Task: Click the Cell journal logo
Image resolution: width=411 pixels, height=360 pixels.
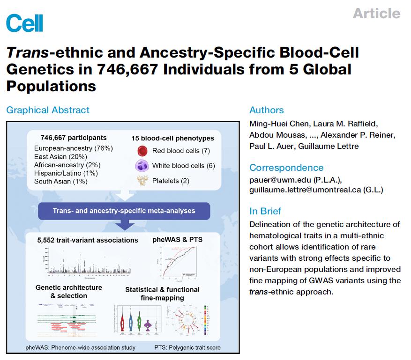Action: click(24, 22)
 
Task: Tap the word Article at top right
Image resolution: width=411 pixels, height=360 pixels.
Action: click(376, 13)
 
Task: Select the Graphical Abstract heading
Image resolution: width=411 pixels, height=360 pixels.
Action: click(47, 110)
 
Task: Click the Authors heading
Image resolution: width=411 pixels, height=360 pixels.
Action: click(266, 110)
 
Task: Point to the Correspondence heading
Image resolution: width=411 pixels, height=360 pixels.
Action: click(286, 168)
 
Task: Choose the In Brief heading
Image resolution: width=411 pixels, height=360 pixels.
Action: click(265, 211)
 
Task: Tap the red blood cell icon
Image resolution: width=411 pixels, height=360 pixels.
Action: click(142, 151)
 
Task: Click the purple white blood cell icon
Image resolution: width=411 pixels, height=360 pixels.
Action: click(142, 166)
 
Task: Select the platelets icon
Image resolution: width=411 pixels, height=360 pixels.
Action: click(142, 181)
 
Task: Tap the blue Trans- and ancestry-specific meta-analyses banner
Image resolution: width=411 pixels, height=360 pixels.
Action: click(124, 211)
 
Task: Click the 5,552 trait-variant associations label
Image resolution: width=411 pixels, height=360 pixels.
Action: click(88, 240)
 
